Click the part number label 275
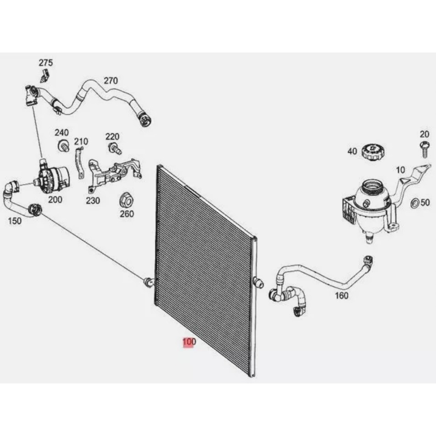coord(46,63)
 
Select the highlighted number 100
coord(189,342)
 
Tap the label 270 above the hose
coord(111,80)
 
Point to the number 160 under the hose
coord(342,295)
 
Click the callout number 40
coord(352,151)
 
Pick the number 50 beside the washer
coord(425,202)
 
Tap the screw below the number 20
coord(424,149)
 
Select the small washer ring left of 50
coord(415,203)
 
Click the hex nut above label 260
coord(127,200)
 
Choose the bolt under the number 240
coord(64,145)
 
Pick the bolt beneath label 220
coord(114,148)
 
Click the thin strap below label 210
coord(79,163)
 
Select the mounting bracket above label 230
coord(114,174)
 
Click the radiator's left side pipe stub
coord(149,282)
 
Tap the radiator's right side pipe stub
coord(259,283)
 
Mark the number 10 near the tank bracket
coord(400,170)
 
